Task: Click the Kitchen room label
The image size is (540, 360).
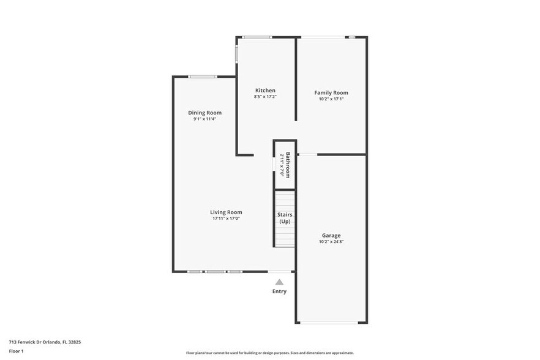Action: pos(265,91)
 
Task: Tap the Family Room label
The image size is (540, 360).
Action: pos(331,92)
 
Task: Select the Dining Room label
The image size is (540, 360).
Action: pos(204,113)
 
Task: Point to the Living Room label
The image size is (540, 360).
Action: pos(226,212)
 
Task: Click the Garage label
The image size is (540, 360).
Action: pos(331,235)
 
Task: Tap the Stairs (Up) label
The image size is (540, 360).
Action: pos(285,218)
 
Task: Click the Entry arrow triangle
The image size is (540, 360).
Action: pos(279,282)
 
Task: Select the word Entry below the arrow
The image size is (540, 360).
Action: pos(279,291)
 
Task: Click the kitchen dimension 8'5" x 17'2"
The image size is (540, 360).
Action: pos(265,97)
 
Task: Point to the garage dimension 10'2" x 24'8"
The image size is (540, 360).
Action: pos(331,241)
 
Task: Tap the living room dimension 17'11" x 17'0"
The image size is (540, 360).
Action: pos(226,219)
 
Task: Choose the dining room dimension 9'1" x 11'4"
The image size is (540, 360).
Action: pos(204,119)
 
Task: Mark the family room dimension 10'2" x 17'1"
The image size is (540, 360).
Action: pos(331,99)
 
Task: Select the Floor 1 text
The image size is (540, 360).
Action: pos(16,351)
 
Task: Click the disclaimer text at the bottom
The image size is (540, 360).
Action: pos(269,353)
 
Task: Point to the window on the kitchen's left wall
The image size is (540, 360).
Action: pos(236,53)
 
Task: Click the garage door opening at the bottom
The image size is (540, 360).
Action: pos(331,323)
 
